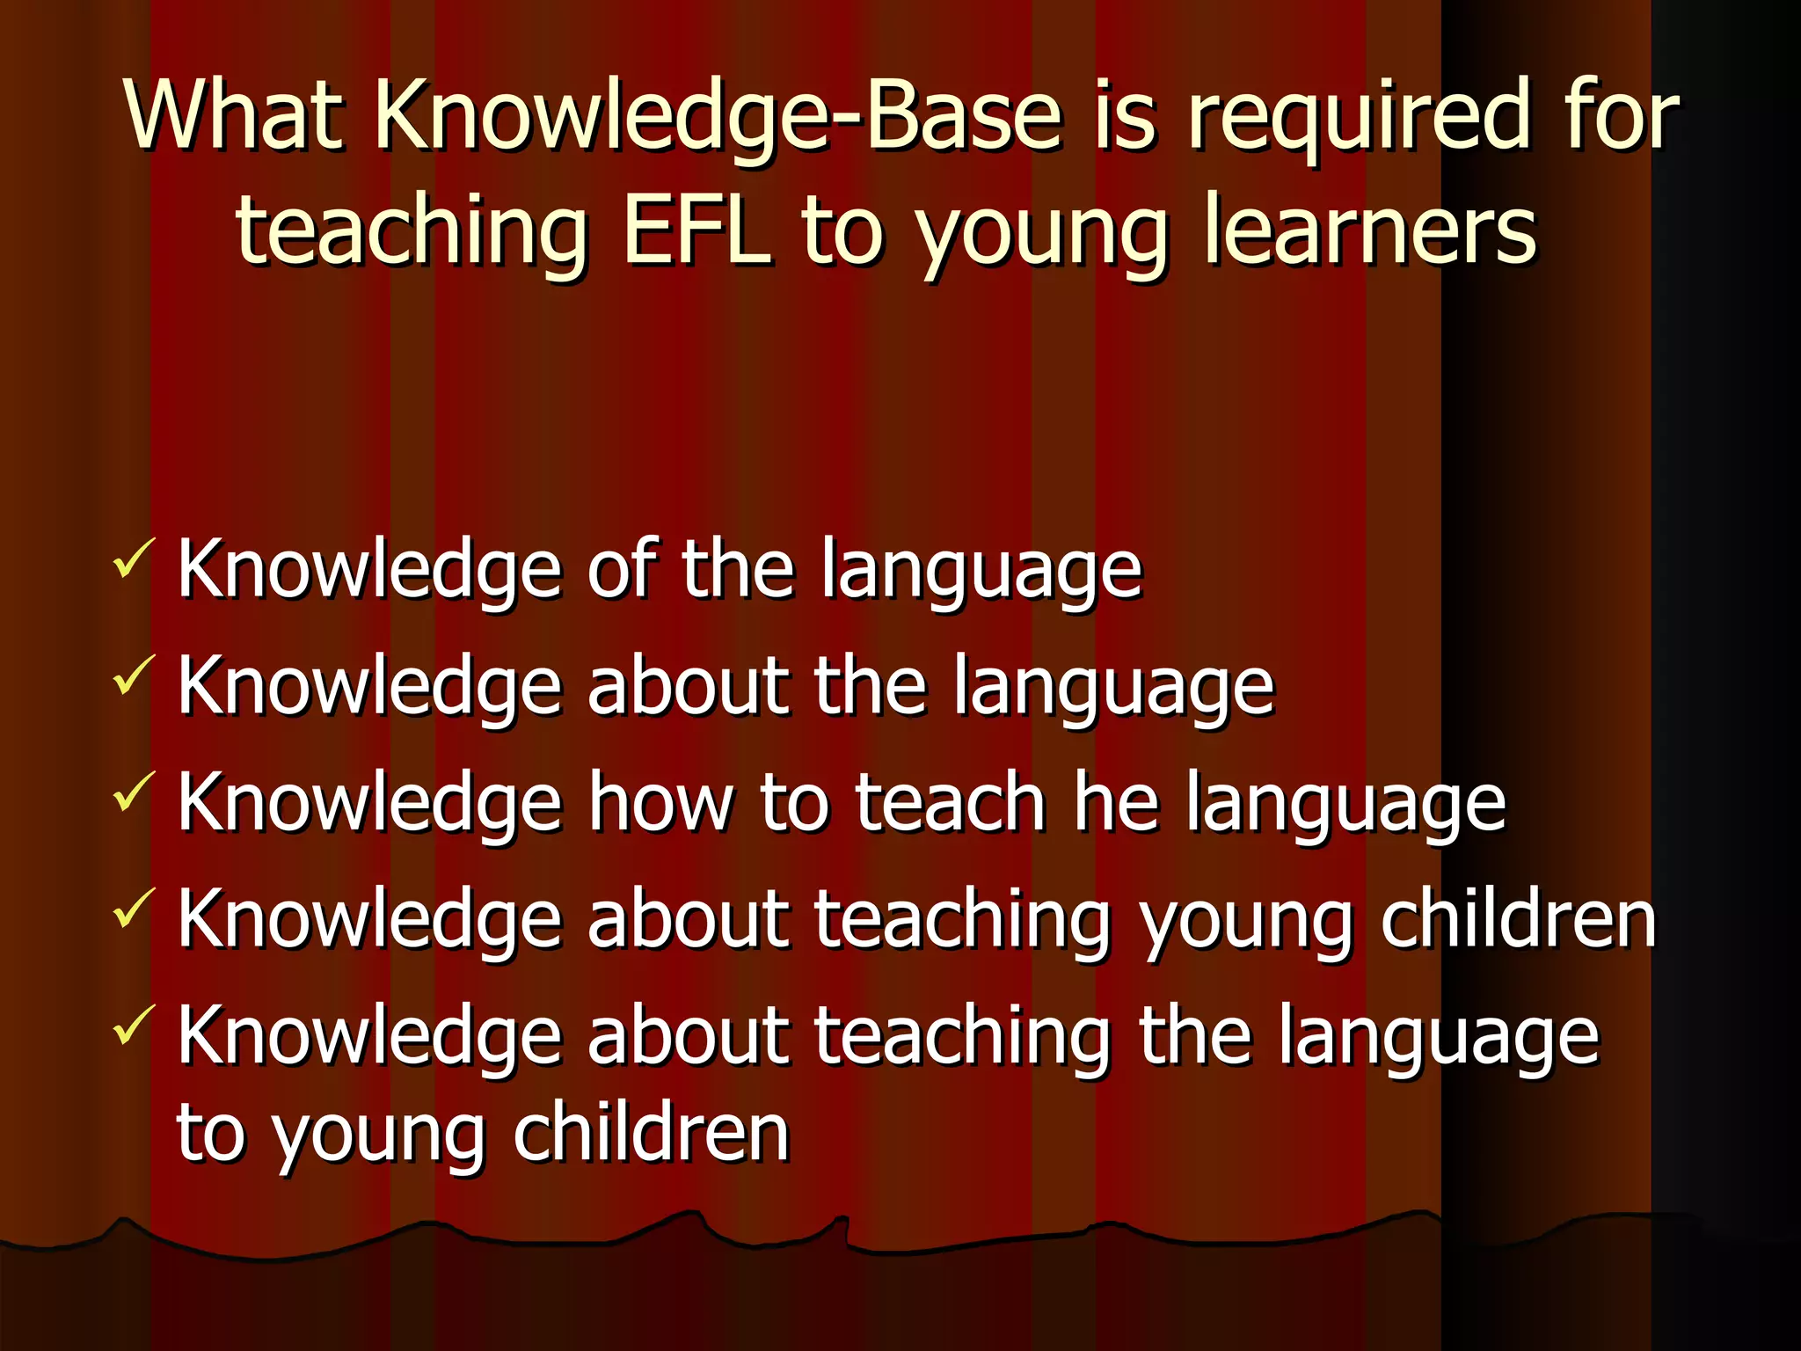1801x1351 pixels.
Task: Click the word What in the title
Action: [x=233, y=114]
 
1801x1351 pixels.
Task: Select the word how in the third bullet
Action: [x=660, y=802]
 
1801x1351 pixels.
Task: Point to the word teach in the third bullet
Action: [x=950, y=802]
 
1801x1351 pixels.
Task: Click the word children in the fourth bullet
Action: [x=1518, y=918]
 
